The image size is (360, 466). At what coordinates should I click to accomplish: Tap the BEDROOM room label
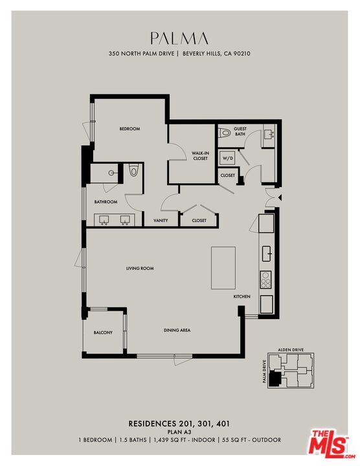(129, 129)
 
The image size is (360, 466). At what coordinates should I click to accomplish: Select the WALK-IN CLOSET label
(199, 155)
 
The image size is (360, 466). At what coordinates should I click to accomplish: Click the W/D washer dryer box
(227, 157)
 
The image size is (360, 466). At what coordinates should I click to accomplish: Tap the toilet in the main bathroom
(133, 171)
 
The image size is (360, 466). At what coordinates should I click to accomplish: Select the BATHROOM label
(106, 202)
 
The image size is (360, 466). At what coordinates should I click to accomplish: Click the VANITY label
(161, 220)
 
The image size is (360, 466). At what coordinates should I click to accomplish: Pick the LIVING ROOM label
(140, 268)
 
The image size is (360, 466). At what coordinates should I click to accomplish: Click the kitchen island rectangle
(223, 267)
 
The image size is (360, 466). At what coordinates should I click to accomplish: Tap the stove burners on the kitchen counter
(265, 280)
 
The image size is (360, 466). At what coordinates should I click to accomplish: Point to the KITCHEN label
(242, 296)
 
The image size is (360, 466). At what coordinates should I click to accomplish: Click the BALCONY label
(103, 333)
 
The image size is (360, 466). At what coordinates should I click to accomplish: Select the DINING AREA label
(177, 331)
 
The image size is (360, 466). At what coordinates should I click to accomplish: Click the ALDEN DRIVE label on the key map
(291, 349)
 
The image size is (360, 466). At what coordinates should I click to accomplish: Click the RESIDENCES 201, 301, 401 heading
(179, 424)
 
